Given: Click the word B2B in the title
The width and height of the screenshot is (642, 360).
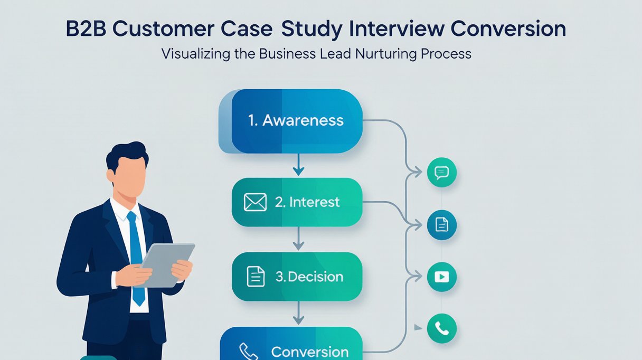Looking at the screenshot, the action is (86, 29).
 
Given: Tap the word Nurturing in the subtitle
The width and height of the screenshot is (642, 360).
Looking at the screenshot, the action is (386, 54).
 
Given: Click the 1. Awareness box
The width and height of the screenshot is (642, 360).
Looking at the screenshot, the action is (290, 121).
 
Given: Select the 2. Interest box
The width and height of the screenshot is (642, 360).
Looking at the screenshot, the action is (297, 202).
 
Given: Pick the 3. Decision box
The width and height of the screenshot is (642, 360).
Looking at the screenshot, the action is (297, 277).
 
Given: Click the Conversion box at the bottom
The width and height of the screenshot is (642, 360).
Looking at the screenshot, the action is (291, 344).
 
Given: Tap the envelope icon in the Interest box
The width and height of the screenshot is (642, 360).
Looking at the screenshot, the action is (255, 202).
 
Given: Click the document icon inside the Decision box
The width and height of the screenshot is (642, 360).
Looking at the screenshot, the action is (256, 277).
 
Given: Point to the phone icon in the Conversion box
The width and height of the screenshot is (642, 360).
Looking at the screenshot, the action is (248, 352).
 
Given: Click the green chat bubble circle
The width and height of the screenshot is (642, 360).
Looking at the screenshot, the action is (442, 172).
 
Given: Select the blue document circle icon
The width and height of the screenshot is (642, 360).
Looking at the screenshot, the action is (442, 225).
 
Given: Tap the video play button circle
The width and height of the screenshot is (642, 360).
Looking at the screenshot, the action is (442, 277).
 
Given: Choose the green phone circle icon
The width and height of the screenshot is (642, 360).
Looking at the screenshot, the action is (442, 328).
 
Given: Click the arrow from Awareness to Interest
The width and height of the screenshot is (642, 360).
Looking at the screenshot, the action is (298, 165).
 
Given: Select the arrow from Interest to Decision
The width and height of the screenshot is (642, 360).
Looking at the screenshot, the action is (298, 239).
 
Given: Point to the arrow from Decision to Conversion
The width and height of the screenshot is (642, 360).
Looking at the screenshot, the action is (298, 313).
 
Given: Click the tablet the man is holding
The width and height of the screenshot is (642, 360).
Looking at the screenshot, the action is (165, 265).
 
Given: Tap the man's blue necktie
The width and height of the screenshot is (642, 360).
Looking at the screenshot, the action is (136, 258).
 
